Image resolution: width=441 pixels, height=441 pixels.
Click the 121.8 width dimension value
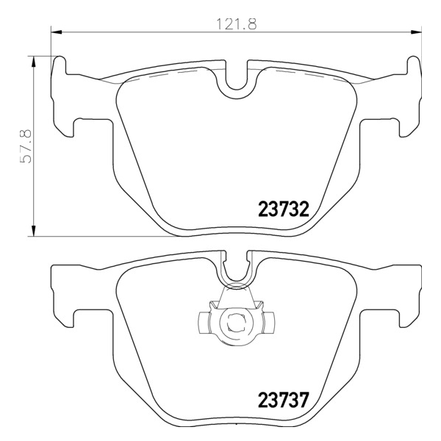(236, 24)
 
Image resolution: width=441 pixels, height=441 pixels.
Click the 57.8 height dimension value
(26, 146)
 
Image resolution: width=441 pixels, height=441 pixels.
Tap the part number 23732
(284, 209)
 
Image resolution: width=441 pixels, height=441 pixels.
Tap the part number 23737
(284, 400)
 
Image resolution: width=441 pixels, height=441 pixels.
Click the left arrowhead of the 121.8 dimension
(57, 32)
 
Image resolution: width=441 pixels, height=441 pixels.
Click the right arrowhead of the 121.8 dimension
(416, 32)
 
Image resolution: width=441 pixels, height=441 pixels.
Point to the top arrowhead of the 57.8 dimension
(34, 62)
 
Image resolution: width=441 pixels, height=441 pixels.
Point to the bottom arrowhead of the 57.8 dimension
(34, 231)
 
